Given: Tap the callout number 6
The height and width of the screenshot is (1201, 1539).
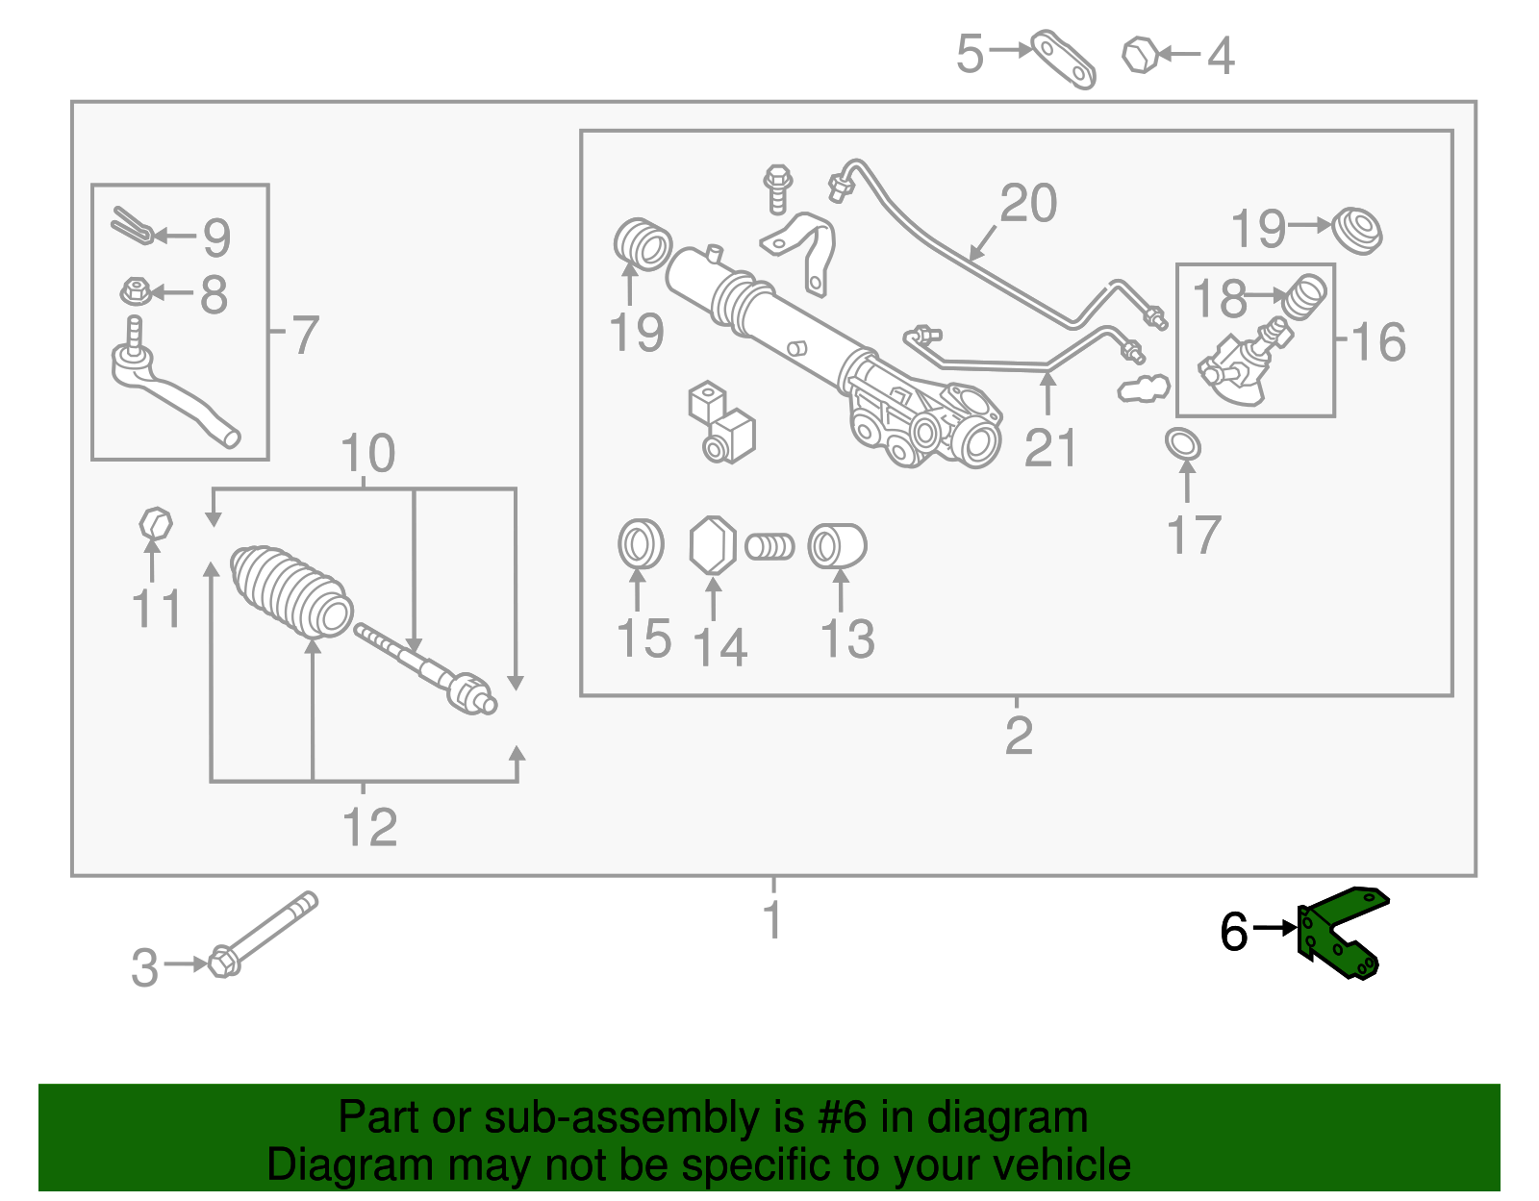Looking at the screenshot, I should point(1233,932).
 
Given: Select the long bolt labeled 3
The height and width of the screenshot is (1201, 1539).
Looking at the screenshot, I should point(262,934).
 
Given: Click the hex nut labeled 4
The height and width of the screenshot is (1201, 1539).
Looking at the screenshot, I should point(1140,55).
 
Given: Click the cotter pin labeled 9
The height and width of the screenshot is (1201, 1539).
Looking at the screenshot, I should point(132,226).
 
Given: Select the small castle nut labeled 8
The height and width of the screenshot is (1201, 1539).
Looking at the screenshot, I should point(135,289).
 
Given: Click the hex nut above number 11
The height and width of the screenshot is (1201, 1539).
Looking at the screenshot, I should point(155,525).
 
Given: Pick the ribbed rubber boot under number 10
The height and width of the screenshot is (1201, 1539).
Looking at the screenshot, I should point(290,590).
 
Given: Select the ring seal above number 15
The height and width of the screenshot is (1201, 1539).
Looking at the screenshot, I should point(641,545).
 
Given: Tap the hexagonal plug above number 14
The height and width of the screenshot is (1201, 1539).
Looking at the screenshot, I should point(713,545).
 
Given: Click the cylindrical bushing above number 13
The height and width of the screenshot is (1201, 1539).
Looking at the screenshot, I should point(837,546).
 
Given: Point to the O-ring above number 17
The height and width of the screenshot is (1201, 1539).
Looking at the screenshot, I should point(1183,444).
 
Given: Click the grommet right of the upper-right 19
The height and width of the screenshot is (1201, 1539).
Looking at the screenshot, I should point(1357,229).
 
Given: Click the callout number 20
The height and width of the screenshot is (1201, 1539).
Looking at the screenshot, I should point(1027,204).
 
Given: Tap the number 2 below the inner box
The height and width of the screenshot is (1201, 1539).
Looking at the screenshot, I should point(1018,735).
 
